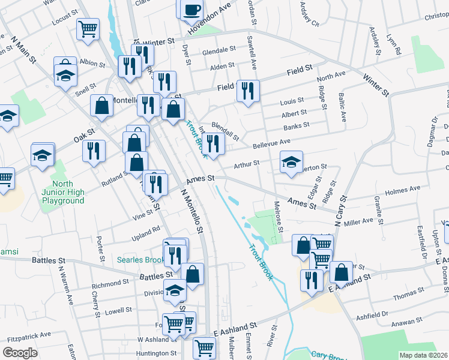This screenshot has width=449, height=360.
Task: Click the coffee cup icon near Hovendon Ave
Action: point(191,9)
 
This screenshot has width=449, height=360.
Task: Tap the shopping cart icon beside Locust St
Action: point(88,28)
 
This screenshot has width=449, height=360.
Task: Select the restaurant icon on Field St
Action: point(247,91)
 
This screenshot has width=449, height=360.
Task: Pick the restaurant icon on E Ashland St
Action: point(311,280)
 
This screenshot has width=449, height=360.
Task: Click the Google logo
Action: point(20,353)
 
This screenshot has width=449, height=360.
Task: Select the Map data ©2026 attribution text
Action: point(423,355)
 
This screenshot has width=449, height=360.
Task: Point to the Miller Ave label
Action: point(358,222)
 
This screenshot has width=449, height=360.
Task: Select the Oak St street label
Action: point(85,136)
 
